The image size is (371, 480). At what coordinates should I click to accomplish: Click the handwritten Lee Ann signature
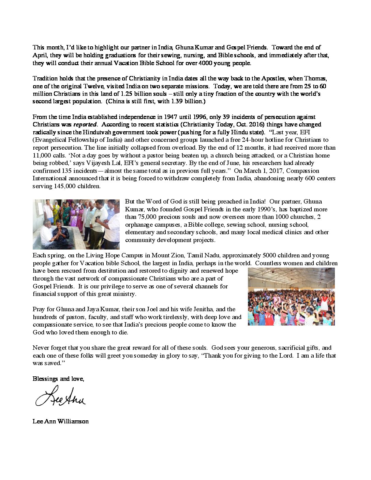(x=60, y=396)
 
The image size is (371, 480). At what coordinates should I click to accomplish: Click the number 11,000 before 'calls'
(x=42, y=155)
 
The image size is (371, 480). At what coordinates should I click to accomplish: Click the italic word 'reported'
(x=85, y=125)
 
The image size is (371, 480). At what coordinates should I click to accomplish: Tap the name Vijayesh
(x=86, y=163)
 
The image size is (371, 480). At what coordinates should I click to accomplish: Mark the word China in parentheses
(x=116, y=102)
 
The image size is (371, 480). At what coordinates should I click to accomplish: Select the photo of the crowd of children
(x=291, y=297)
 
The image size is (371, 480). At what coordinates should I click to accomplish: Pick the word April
(x=40, y=55)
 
